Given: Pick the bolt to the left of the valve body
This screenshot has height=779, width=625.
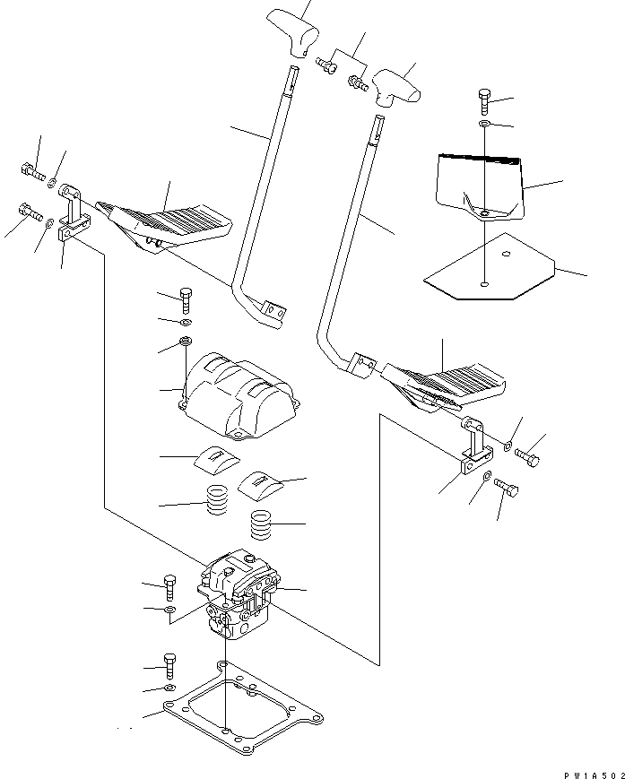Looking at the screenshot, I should [x=170, y=585].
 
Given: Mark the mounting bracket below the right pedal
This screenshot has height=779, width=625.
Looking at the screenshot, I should [x=470, y=453].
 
